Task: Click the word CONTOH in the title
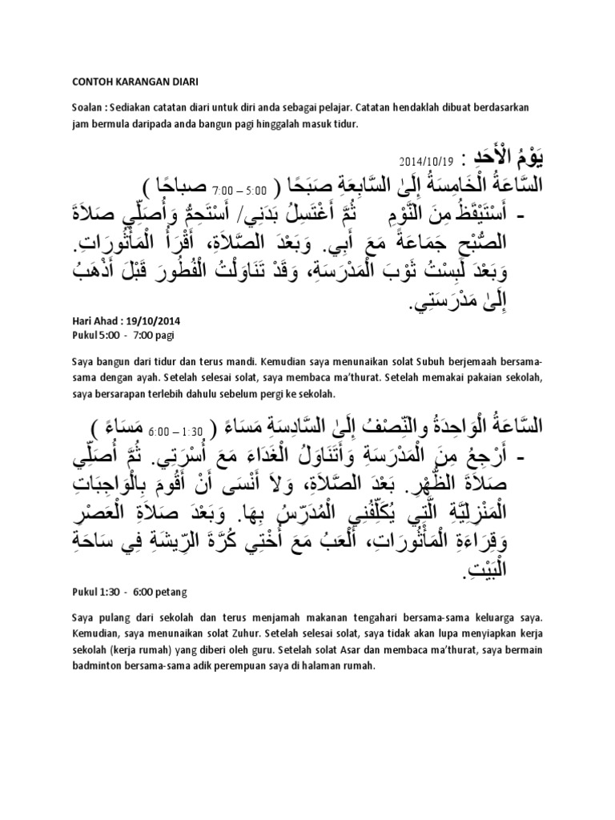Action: (84, 81)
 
